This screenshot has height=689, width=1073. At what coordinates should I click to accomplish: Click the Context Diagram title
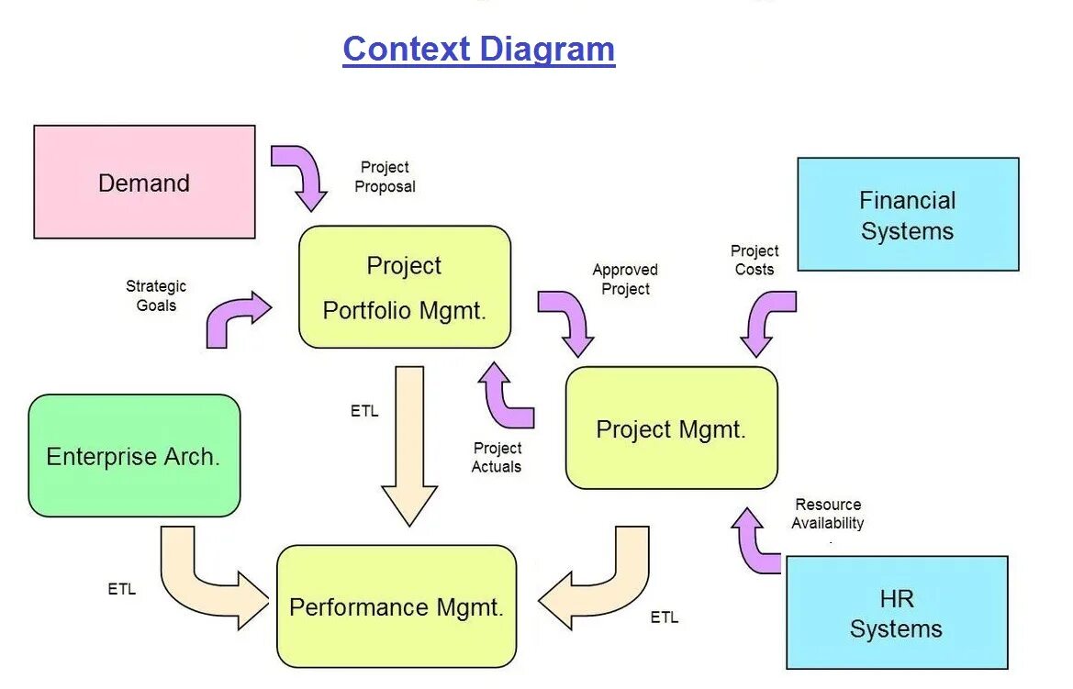tap(478, 49)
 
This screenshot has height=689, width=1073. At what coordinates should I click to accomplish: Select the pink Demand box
tap(144, 183)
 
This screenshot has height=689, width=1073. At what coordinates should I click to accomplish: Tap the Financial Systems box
tap(908, 215)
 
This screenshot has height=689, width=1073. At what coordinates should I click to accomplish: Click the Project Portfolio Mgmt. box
tap(404, 287)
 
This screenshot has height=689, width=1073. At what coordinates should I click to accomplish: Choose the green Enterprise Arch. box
tap(134, 456)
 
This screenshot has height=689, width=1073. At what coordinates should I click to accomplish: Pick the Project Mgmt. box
tap(671, 428)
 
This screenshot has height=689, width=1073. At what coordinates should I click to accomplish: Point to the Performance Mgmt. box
tap(397, 606)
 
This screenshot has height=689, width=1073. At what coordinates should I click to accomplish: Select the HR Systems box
tap(896, 613)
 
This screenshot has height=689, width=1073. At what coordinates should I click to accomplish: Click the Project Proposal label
tap(386, 177)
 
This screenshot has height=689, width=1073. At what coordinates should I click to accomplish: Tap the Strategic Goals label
tap(156, 295)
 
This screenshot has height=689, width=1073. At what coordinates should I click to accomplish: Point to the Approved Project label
tap(625, 279)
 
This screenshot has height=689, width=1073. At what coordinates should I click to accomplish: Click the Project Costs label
tap(754, 260)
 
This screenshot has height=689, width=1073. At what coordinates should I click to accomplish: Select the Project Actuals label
tap(497, 457)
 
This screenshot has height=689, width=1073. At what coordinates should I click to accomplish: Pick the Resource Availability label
tap(828, 514)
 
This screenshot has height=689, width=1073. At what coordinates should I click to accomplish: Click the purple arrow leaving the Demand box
tap(303, 172)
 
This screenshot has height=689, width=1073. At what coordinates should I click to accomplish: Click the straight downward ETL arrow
tap(409, 440)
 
